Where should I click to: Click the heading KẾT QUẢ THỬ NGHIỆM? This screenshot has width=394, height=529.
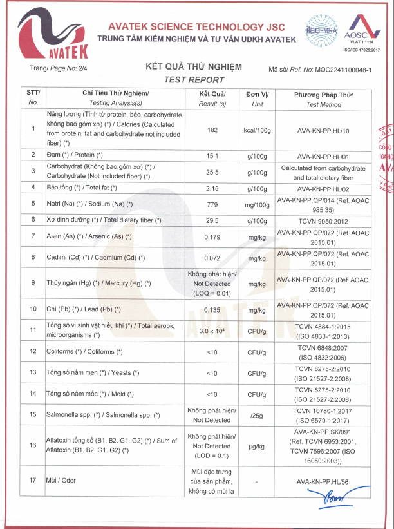(194, 67)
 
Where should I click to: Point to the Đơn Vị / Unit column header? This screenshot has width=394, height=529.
(258, 99)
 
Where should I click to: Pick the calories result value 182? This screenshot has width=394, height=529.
(212, 130)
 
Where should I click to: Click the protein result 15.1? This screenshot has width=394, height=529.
(212, 156)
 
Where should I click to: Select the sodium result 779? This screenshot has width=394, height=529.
(212, 204)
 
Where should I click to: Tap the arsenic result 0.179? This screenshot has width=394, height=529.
(212, 238)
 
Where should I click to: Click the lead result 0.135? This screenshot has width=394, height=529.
(212, 309)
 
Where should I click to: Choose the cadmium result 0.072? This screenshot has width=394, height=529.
(212, 258)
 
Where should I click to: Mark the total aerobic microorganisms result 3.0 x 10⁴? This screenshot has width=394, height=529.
(212, 331)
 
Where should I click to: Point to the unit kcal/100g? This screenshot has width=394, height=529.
(258, 130)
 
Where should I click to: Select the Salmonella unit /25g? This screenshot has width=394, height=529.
(258, 416)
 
